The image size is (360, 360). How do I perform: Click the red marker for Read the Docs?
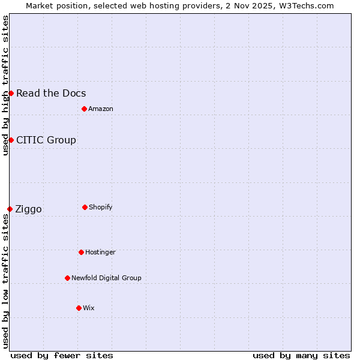pyautogui.click(x=11, y=93)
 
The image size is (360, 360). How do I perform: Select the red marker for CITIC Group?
pyautogui.click(x=11, y=140)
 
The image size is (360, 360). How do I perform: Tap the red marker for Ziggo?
pyautogui.click(x=10, y=209)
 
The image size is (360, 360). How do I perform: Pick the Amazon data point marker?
pyautogui.click(x=84, y=109)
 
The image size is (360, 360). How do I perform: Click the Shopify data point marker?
pyautogui.click(x=85, y=207)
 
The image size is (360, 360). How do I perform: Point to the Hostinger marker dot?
pyautogui.click(x=81, y=252)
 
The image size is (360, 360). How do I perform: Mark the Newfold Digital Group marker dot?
pyautogui.click(x=67, y=278)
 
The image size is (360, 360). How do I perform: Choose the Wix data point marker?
pyautogui.click(x=79, y=308)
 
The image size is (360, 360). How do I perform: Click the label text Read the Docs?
pyautogui.click(x=51, y=93)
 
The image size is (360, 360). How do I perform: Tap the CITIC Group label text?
pyautogui.click(x=46, y=140)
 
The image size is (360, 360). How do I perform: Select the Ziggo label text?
pyautogui.click(x=28, y=209)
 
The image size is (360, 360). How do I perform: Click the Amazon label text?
pyautogui.click(x=101, y=109)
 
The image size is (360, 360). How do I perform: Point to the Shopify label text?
pyautogui.click(x=101, y=207)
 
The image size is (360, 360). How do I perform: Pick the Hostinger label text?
pyautogui.click(x=100, y=252)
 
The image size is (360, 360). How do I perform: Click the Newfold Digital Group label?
pyautogui.click(x=106, y=278)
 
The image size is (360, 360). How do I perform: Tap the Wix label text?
pyautogui.click(x=89, y=308)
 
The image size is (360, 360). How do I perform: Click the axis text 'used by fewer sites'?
pyautogui.click(x=62, y=355)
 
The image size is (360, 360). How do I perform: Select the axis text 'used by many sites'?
pyautogui.click(x=301, y=355)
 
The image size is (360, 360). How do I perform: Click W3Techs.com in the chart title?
pyautogui.click(x=307, y=5)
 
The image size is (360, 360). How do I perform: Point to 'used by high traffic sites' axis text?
pyautogui.click(x=5, y=85)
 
